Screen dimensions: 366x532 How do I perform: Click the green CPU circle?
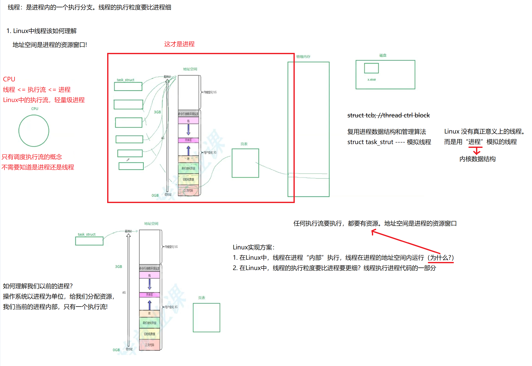click(34, 131)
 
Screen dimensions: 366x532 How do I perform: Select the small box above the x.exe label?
click(371, 68)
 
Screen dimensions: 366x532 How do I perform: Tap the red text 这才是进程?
click(179, 44)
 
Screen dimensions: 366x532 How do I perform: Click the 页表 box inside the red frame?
click(245, 163)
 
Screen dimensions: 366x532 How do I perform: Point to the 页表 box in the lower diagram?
click(206, 318)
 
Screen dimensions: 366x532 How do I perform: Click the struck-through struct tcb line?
click(389, 115)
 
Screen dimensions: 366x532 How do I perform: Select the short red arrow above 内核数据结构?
click(476, 151)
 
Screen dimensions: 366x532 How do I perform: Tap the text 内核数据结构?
click(477, 159)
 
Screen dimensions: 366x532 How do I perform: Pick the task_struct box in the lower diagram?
click(89, 241)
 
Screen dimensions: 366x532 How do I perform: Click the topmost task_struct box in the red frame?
click(128, 86)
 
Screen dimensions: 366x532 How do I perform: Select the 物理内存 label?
click(303, 57)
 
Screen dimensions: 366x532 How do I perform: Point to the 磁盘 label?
click(383, 55)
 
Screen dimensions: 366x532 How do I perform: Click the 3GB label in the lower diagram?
click(119, 267)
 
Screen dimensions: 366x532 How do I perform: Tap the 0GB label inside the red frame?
click(155, 195)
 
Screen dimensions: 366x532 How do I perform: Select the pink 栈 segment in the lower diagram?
click(150, 275)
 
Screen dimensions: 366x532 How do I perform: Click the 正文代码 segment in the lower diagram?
click(150, 345)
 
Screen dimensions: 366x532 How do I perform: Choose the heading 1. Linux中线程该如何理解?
click(42, 31)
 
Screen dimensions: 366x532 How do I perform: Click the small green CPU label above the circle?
click(35, 109)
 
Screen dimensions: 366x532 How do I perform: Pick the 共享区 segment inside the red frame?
click(188, 140)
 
